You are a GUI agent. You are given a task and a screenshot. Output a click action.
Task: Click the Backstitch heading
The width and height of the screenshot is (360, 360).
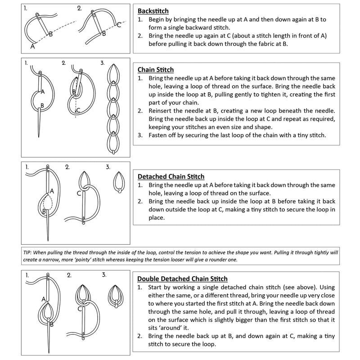pos(153,11)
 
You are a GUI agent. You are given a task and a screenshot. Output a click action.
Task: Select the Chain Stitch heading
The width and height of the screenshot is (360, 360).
pos(156,70)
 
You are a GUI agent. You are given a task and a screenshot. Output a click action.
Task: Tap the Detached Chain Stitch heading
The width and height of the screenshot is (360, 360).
pos(171,176)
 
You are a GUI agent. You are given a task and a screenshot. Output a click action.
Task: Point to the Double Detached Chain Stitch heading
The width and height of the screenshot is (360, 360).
pos(182,279)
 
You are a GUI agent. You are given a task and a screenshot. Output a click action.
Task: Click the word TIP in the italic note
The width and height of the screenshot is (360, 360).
pos(27,252)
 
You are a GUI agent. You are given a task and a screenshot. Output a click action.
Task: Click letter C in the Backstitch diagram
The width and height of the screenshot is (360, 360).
pos(119,25)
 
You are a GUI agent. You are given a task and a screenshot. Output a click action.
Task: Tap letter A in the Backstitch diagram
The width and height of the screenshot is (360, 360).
pos(32,46)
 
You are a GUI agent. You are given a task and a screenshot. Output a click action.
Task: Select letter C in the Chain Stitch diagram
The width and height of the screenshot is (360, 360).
pos(78,110)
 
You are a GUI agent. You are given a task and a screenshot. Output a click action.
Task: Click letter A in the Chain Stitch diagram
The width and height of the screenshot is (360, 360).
pos(43,92)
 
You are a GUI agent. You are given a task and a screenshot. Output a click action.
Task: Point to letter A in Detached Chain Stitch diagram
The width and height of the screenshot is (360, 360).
pos(52,191)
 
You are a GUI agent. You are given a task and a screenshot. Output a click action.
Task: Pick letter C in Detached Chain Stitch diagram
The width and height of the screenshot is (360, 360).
pos(79,193)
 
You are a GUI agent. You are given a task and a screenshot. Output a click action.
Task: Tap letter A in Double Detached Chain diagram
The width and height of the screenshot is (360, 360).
pos(44,299)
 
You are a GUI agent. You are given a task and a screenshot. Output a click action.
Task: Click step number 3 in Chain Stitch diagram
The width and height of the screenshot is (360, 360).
pos(103,63)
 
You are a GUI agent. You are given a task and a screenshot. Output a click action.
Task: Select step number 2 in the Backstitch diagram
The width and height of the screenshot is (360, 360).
pos(79,9)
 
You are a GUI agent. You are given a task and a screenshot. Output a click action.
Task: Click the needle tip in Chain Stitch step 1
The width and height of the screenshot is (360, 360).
pos(39,137)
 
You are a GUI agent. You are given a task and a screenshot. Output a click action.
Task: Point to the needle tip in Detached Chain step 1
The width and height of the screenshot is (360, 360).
pos(48,240)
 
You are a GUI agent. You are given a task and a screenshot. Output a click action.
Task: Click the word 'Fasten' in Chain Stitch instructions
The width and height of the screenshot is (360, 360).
pos(157,135)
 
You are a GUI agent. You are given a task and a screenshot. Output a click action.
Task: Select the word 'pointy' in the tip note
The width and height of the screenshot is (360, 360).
pos(84,260)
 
